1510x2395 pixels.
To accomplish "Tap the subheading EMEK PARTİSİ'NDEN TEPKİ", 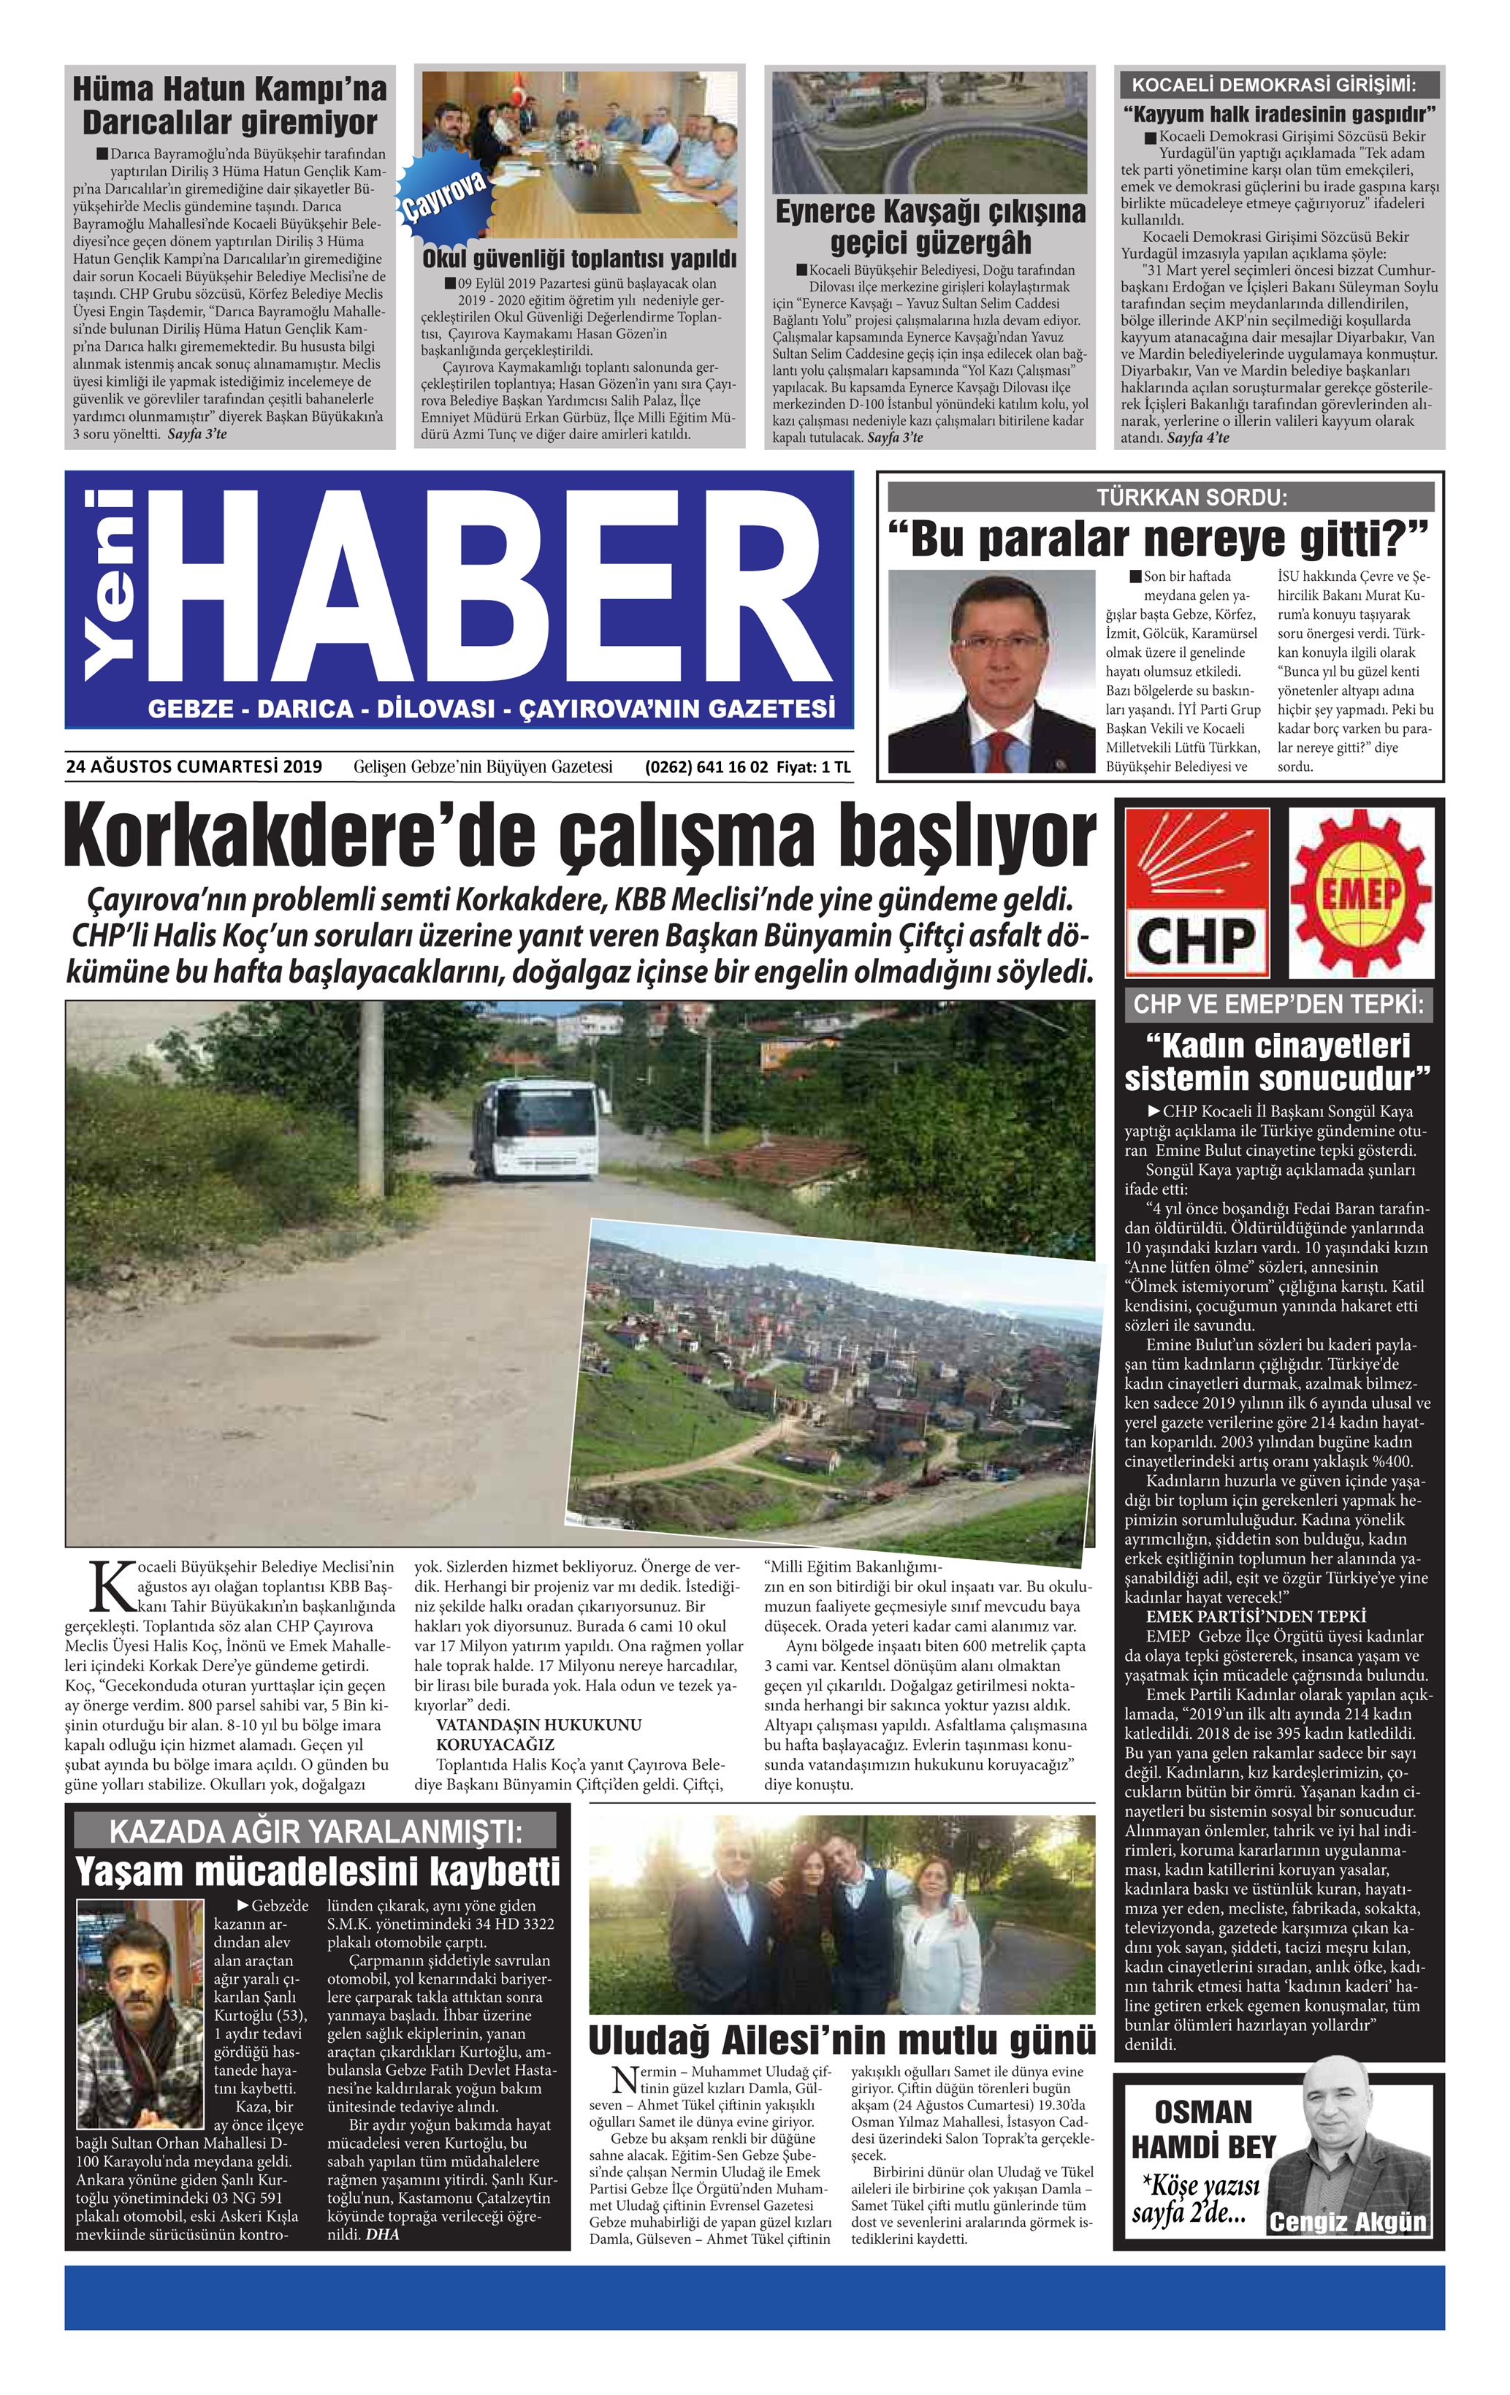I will [1255, 1616].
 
